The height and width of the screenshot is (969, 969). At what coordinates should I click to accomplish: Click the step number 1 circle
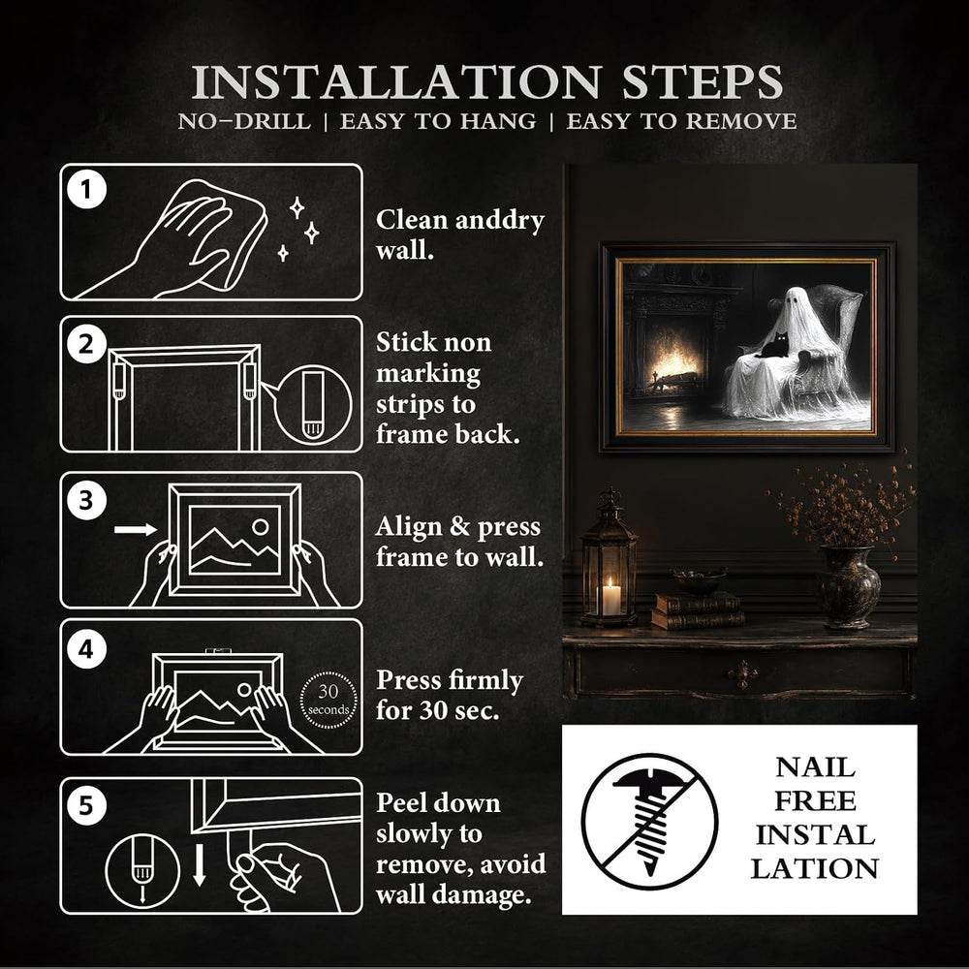(86, 189)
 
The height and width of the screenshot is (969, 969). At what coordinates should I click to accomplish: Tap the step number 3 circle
(86, 500)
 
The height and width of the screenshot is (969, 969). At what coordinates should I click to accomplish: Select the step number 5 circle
(86, 805)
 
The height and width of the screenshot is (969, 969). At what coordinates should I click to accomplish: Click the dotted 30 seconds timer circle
(328, 701)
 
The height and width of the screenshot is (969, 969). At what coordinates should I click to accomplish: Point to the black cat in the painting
(775, 346)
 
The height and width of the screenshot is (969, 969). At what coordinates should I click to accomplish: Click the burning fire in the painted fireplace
(674, 366)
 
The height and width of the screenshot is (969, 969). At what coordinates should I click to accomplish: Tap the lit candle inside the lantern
(611, 597)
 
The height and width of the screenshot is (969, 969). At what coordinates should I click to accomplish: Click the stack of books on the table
(698, 610)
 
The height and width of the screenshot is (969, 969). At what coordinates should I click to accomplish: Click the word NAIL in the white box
(815, 768)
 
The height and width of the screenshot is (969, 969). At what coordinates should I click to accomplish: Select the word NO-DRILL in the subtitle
(244, 121)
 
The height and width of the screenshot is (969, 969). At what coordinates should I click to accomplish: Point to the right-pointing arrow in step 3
(136, 530)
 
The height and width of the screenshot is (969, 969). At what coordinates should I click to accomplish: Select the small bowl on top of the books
(700, 581)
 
